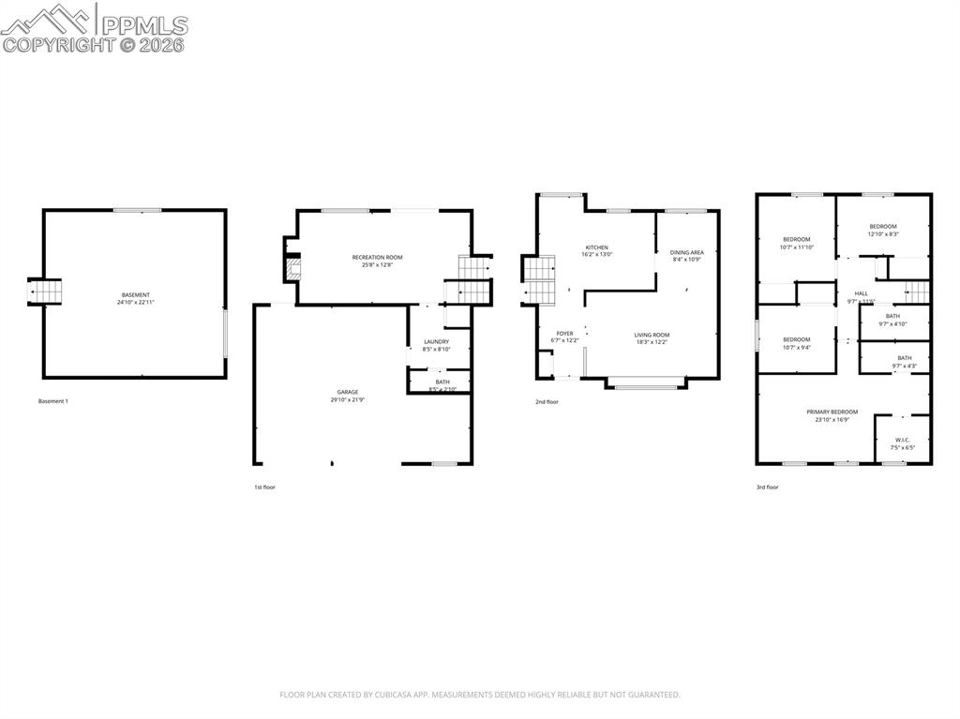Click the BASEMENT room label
(135, 295)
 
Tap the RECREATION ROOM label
(377, 257)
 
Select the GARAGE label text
(348, 392)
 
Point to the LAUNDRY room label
(436, 341)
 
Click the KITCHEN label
(597, 247)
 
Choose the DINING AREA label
(686, 252)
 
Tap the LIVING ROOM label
(652, 335)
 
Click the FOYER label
(564, 333)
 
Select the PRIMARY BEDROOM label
(832, 412)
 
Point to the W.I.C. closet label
(903, 440)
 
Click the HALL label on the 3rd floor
(861, 293)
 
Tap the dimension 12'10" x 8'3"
(883, 234)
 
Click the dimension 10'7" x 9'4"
(796, 347)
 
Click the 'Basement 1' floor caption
(53, 401)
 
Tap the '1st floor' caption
(265, 487)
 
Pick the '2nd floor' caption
(547, 402)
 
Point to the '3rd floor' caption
(767, 487)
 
